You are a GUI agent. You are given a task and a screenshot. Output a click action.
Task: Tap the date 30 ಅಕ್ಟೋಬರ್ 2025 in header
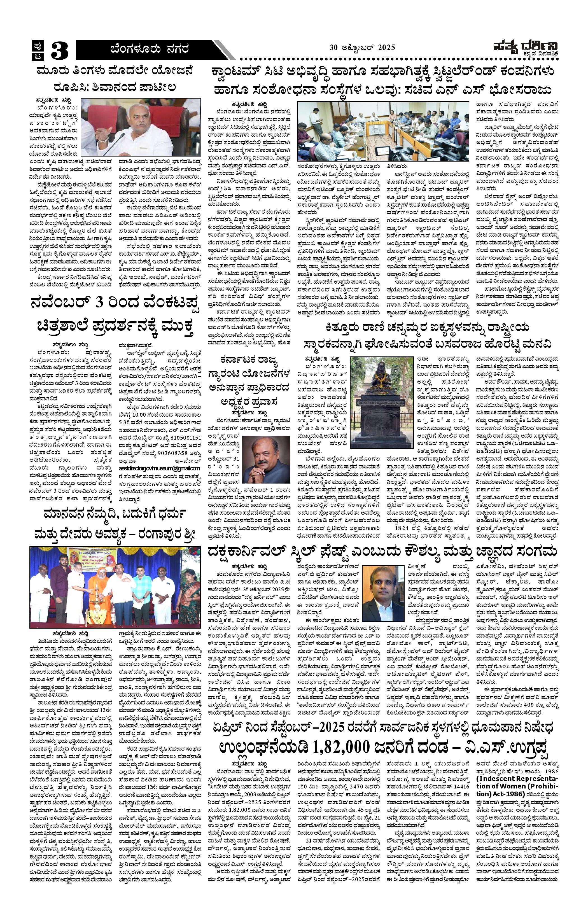tap(362, 48)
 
